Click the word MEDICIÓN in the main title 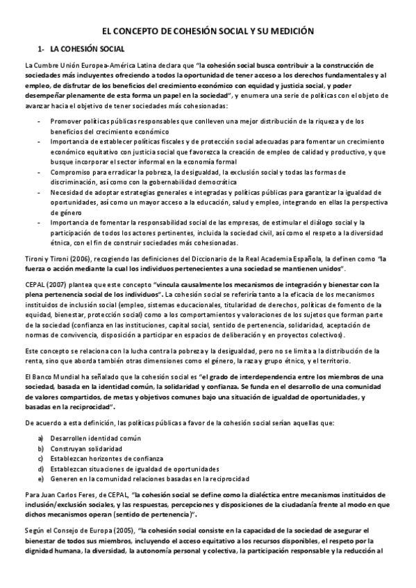pos(292,31)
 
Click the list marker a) pos(40,438)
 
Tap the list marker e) pos(40,478)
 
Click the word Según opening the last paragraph pos(33,530)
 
